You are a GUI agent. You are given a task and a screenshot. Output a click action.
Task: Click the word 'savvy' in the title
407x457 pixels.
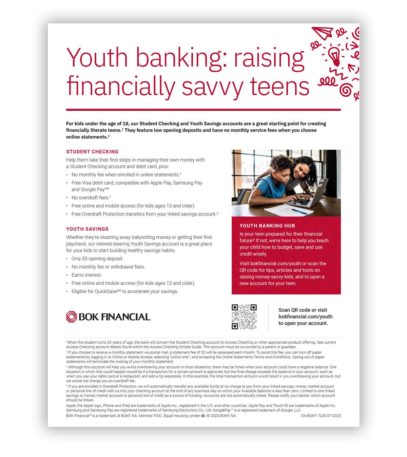tap(212, 87)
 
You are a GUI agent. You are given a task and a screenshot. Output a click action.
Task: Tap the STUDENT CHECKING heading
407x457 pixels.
tap(92, 152)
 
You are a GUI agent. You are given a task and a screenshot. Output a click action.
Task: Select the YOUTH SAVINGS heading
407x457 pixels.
tap(88, 229)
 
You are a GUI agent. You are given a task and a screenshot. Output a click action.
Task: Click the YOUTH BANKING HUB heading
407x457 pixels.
tap(267, 226)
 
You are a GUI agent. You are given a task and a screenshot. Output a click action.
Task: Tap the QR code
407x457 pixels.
tap(244, 317)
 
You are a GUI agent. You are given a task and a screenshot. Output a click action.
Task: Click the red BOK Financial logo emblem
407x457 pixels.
tap(72, 317)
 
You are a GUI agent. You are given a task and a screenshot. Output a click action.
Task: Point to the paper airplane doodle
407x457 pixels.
tap(322, 33)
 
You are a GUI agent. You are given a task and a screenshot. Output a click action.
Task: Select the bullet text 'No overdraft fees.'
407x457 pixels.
tap(90, 198)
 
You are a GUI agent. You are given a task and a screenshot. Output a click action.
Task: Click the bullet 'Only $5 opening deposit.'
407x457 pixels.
tap(97, 259)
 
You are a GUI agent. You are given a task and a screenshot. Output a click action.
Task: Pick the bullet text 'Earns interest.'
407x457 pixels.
tap(86, 275)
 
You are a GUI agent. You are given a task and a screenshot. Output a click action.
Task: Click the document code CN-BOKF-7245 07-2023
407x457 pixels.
tap(321, 416)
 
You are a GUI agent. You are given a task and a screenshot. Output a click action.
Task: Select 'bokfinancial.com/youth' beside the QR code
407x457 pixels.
tap(305, 317)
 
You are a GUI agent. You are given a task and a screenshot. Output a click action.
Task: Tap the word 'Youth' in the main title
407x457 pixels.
tap(97, 58)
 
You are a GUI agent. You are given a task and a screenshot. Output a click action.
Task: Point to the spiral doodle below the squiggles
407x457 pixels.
tap(346, 90)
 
